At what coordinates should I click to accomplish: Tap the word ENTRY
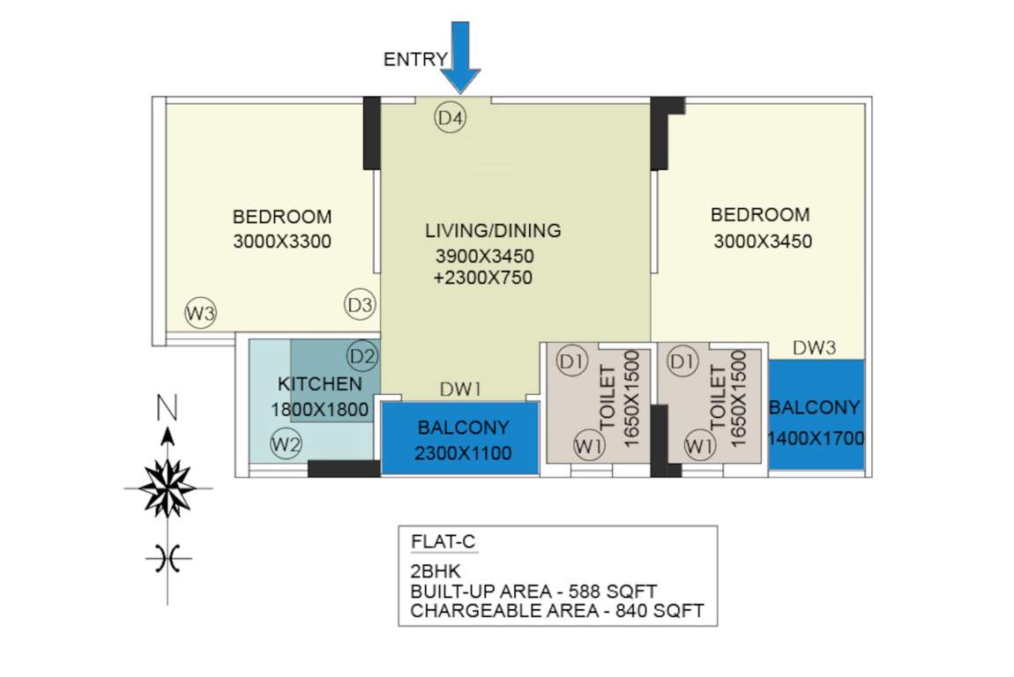pyautogui.click(x=415, y=60)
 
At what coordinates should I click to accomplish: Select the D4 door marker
pyautogui.click(x=451, y=117)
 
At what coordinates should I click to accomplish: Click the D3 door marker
pyautogui.click(x=360, y=305)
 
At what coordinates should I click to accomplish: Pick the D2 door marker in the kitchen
pyautogui.click(x=362, y=356)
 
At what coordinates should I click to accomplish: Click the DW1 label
pyautogui.click(x=460, y=389)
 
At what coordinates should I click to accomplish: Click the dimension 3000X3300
pyautogui.click(x=282, y=242)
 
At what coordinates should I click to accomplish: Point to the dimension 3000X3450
pyautogui.click(x=762, y=241)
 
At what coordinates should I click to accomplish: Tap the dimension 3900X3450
pyautogui.click(x=484, y=257)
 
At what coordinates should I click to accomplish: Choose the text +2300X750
pyautogui.click(x=482, y=278)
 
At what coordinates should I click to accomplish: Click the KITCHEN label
pyautogui.click(x=319, y=384)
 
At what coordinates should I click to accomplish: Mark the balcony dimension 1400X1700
pyautogui.click(x=815, y=438)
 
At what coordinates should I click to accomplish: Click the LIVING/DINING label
pyautogui.click(x=493, y=231)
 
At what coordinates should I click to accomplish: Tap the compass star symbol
pyautogui.click(x=168, y=487)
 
